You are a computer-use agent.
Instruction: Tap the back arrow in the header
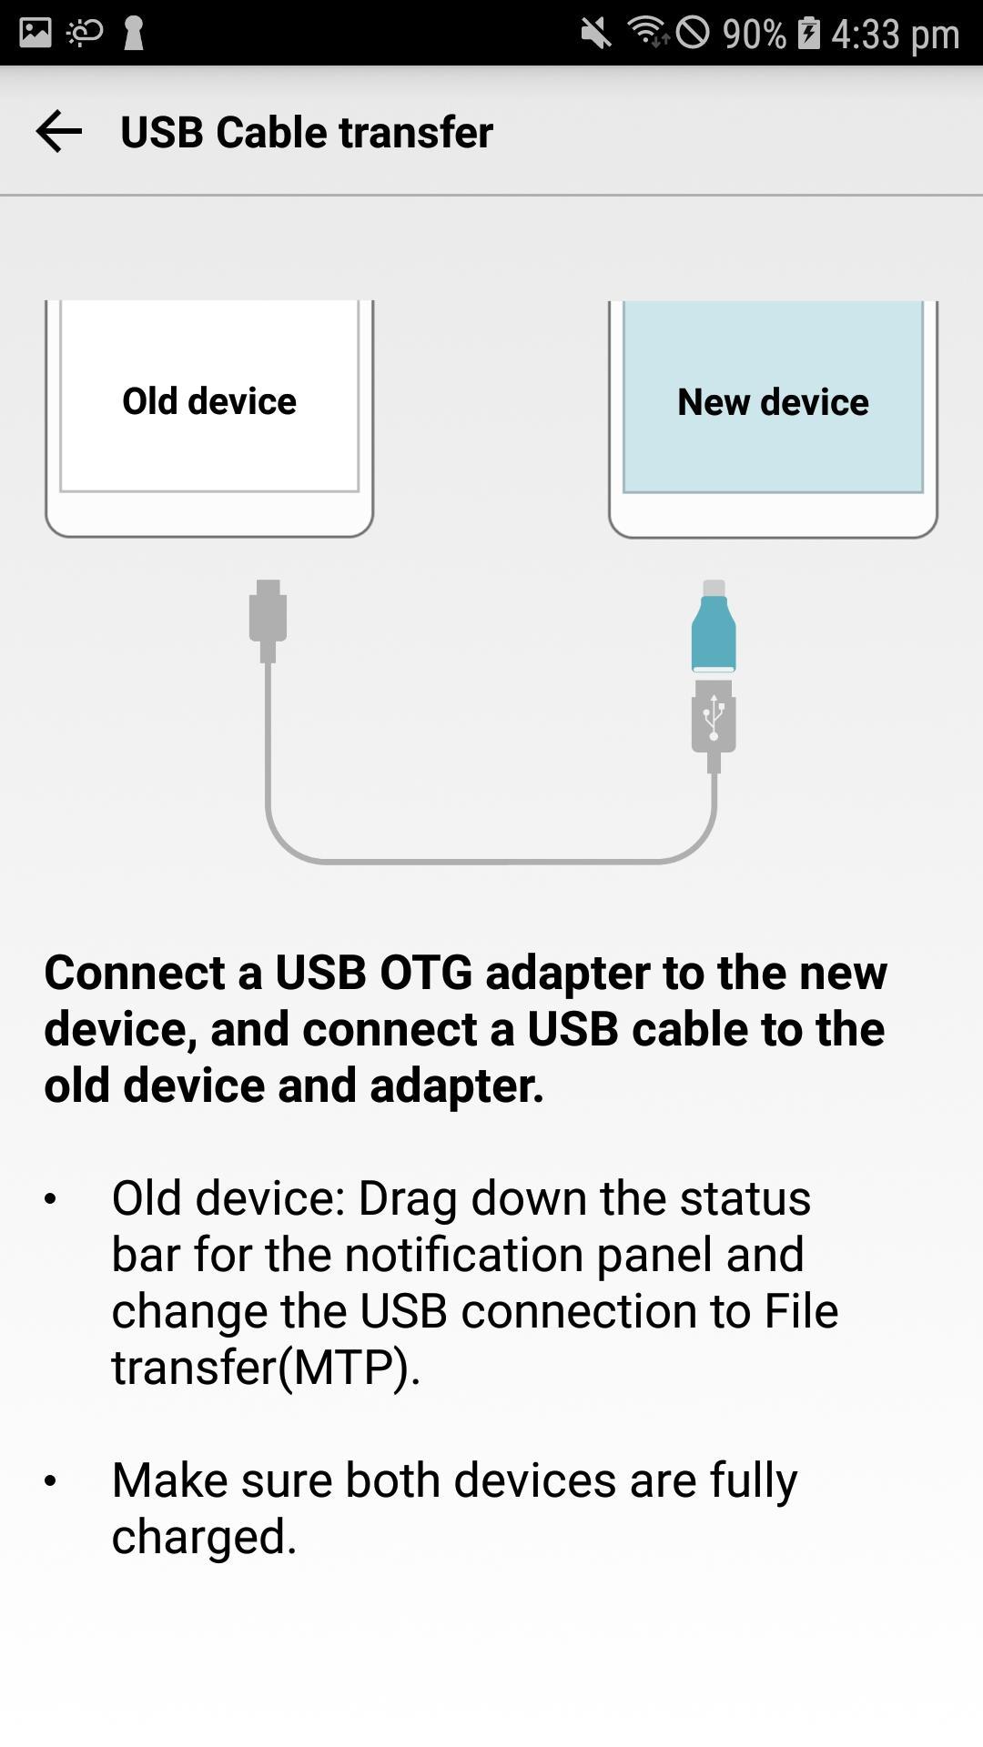[x=59, y=131]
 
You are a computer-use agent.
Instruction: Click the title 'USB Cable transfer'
[x=307, y=132]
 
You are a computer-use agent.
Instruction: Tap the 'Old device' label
[x=209, y=401]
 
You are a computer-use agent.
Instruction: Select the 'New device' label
[x=773, y=402]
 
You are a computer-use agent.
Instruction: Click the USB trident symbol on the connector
[x=714, y=717]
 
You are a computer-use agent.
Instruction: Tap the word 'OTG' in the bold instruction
[x=426, y=973]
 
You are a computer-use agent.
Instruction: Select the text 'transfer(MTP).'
[x=266, y=1368]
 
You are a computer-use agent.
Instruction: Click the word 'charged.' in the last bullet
[x=205, y=1537]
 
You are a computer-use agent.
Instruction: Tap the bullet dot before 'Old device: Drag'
[x=50, y=1199]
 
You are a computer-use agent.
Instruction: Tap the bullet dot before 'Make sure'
[x=50, y=1481]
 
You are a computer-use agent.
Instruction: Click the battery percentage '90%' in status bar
[x=755, y=34]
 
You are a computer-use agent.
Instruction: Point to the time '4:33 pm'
[x=896, y=34]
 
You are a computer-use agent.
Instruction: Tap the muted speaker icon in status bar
[x=596, y=34]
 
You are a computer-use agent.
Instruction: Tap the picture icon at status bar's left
[x=35, y=33]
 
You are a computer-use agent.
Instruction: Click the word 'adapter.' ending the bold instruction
[x=457, y=1086]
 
